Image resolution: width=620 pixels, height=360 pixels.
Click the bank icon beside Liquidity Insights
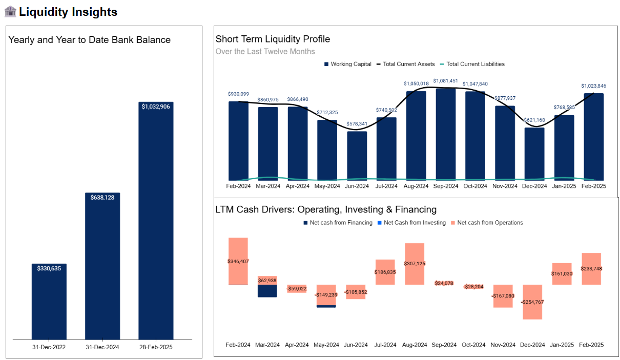pyautogui.click(x=10, y=11)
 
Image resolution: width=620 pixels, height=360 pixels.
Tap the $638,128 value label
pyautogui.click(x=102, y=197)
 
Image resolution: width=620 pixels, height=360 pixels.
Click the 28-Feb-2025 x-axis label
pyautogui.click(x=156, y=347)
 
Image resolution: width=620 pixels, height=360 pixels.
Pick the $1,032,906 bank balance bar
pyautogui.click(x=156, y=220)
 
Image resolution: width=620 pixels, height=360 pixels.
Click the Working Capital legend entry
pyautogui.click(x=348, y=64)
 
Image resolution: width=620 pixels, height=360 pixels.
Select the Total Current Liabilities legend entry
pyautogui.click(x=471, y=64)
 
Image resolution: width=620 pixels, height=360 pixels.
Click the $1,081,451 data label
pyautogui.click(x=445, y=81)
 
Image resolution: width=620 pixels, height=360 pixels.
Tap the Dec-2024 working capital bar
pyautogui.click(x=534, y=153)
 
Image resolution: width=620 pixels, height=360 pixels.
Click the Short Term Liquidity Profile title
pyautogui.click(x=273, y=39)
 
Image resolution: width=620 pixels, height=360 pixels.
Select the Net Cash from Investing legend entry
pyautogui.click(x=411, y=223)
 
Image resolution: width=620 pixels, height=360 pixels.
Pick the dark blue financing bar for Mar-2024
pyautogui.click(x=267, y=291)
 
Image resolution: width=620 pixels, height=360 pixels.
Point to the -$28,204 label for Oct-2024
pyautogui.click(x=473, y=287)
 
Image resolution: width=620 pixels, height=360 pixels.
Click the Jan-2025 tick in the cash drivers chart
pyautogui.click(x=562, y=345)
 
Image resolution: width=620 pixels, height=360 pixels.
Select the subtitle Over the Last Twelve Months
pyautogui.click(x=265, y=52)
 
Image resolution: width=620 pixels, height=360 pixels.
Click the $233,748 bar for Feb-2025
pyautogui.click(x=591, y=269)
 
